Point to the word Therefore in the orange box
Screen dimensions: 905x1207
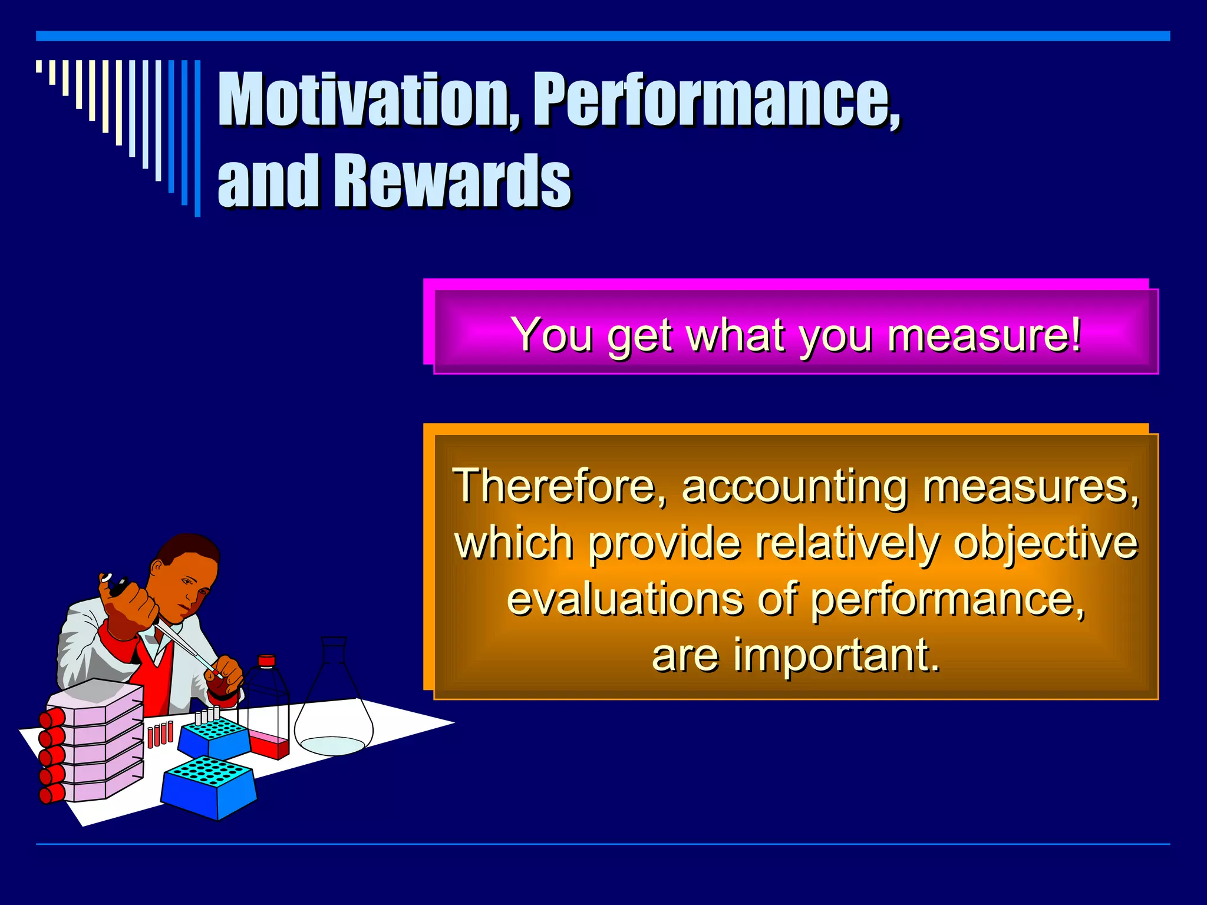pyautogui.click(x=553, y=487)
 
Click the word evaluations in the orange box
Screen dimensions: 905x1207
pyautogui.click(x=625, y=600)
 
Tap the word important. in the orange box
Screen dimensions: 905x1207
pyautogui.click(x=836, y=655)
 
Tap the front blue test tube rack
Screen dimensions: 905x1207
pyautogui.click(x=209, y=787)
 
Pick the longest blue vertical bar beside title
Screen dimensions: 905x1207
pyautogui.click(x=197, y=138)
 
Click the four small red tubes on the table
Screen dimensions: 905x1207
pyautogui.click(x=160, y=734)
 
